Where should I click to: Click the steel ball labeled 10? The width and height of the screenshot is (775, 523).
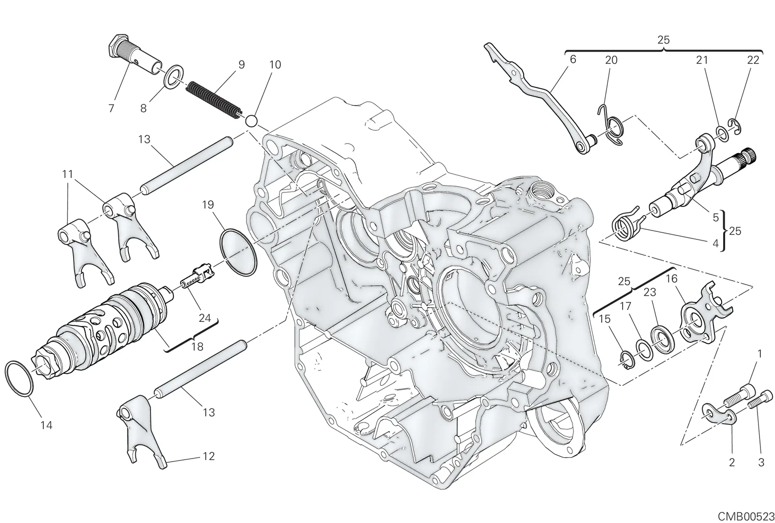pos(251,121)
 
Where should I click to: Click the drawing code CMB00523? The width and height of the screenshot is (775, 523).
pos(746,516)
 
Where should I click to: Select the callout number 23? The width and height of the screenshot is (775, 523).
pos(650,292)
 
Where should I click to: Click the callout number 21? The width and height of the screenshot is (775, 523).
pos(702,60)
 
